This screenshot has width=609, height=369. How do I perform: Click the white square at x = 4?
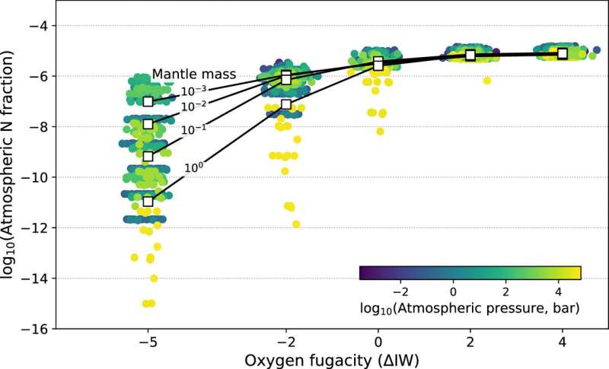point(562,53)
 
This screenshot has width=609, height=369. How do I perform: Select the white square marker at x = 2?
point(470,55)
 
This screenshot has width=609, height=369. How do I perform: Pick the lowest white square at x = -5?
point(148,202)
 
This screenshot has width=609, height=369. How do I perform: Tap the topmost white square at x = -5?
point(148,101)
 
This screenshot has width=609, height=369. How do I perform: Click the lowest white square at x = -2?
point(285,104)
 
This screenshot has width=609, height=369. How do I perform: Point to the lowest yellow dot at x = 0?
point(380,132)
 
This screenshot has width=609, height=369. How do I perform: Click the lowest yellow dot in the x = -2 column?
point(296,224)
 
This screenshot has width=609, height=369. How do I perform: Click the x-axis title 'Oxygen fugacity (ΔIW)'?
point(330,358)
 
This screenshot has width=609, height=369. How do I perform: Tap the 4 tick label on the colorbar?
point(559,290)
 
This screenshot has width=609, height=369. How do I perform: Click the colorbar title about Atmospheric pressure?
point(470,308)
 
